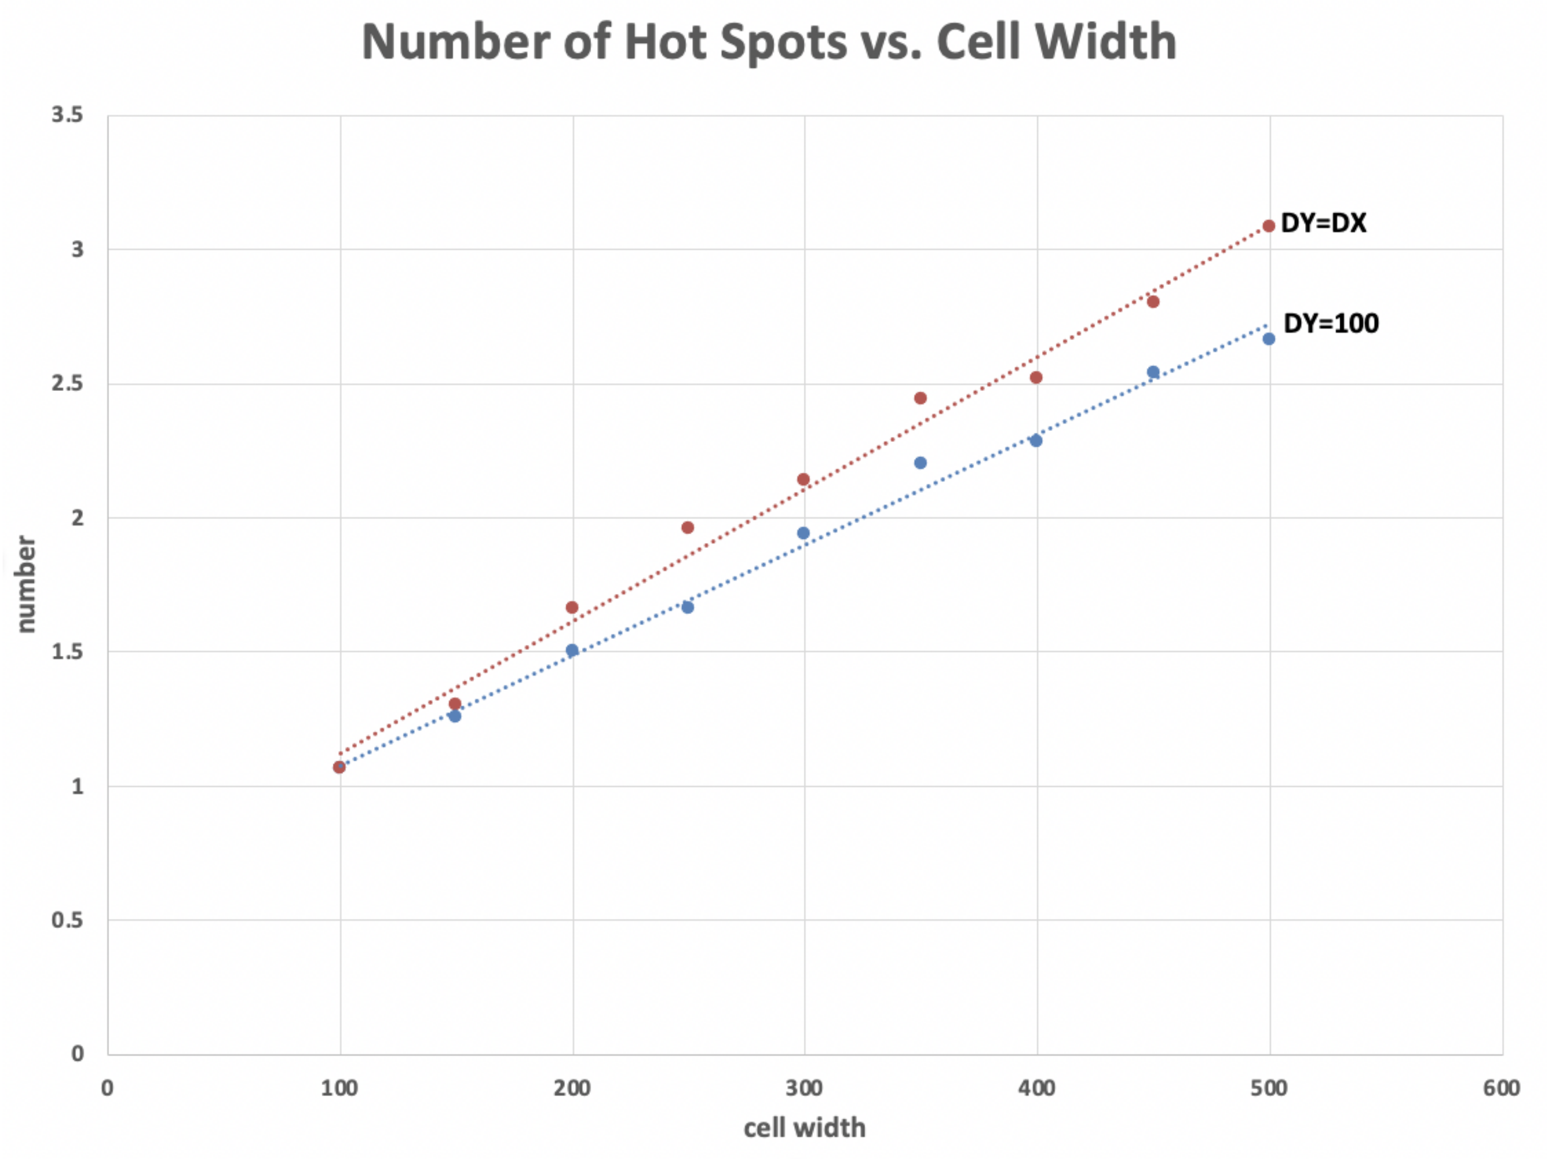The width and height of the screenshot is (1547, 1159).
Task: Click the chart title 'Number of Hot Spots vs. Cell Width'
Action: [769, 42]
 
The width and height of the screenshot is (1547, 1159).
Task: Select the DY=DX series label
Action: [1323, 223]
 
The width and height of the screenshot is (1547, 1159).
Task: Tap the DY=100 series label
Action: [1331, 323]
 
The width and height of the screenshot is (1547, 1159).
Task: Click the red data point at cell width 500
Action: [1269, 226]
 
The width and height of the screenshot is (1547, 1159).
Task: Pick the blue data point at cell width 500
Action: [1269, 339]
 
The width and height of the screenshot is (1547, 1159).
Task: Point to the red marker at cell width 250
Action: [687, 527]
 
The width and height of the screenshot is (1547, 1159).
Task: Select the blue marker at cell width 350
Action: [920, 463]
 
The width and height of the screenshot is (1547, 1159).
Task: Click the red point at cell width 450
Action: [1153, 301]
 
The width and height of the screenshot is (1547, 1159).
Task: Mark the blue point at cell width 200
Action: [572, 650]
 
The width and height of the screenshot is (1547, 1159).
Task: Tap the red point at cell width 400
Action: [1037, 378]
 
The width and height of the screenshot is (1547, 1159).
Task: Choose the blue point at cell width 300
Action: [804, 533]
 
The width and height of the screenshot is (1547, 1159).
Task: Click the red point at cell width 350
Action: [920, 398]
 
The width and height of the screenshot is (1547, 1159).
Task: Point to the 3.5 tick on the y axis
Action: [67, 115]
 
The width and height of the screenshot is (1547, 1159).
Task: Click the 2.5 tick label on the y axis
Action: [67, 383]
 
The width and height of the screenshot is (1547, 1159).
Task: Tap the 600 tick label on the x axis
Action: [1502, 1088]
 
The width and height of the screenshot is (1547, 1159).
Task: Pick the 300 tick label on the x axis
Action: [804, 1088]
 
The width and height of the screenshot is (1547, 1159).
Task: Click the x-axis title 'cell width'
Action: [804, 1127]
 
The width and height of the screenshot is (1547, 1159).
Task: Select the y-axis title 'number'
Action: [25, 584]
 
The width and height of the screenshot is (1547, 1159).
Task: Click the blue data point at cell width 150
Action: [455, 716]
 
